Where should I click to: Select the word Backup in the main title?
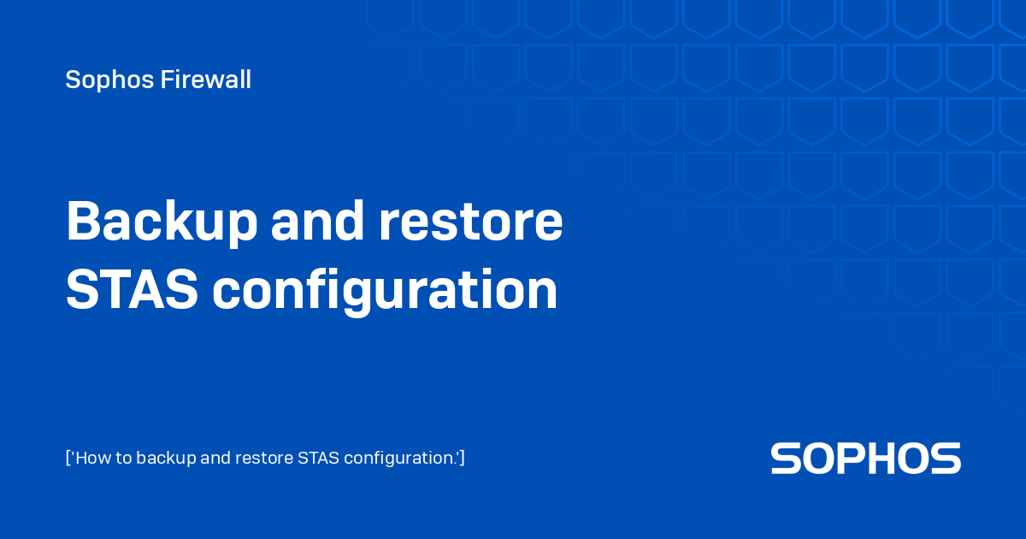162,222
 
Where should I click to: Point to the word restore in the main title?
470,222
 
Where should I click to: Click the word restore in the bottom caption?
265,458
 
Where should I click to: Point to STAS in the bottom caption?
318,458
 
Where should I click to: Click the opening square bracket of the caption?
68,458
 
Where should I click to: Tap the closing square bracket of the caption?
462,458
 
